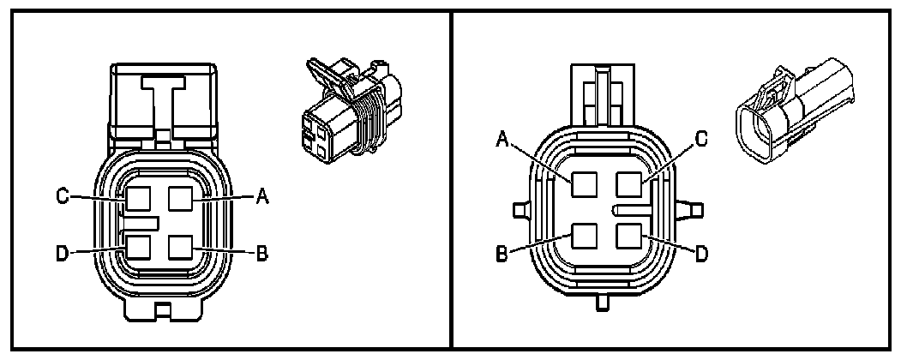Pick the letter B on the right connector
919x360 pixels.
(502, 255)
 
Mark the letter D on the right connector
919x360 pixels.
(700, 255)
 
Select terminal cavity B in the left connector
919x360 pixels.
(181, 246)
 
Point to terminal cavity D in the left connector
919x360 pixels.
(138, 246)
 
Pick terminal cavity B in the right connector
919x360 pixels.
(584, 234)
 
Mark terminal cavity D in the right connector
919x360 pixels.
(628, 234)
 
